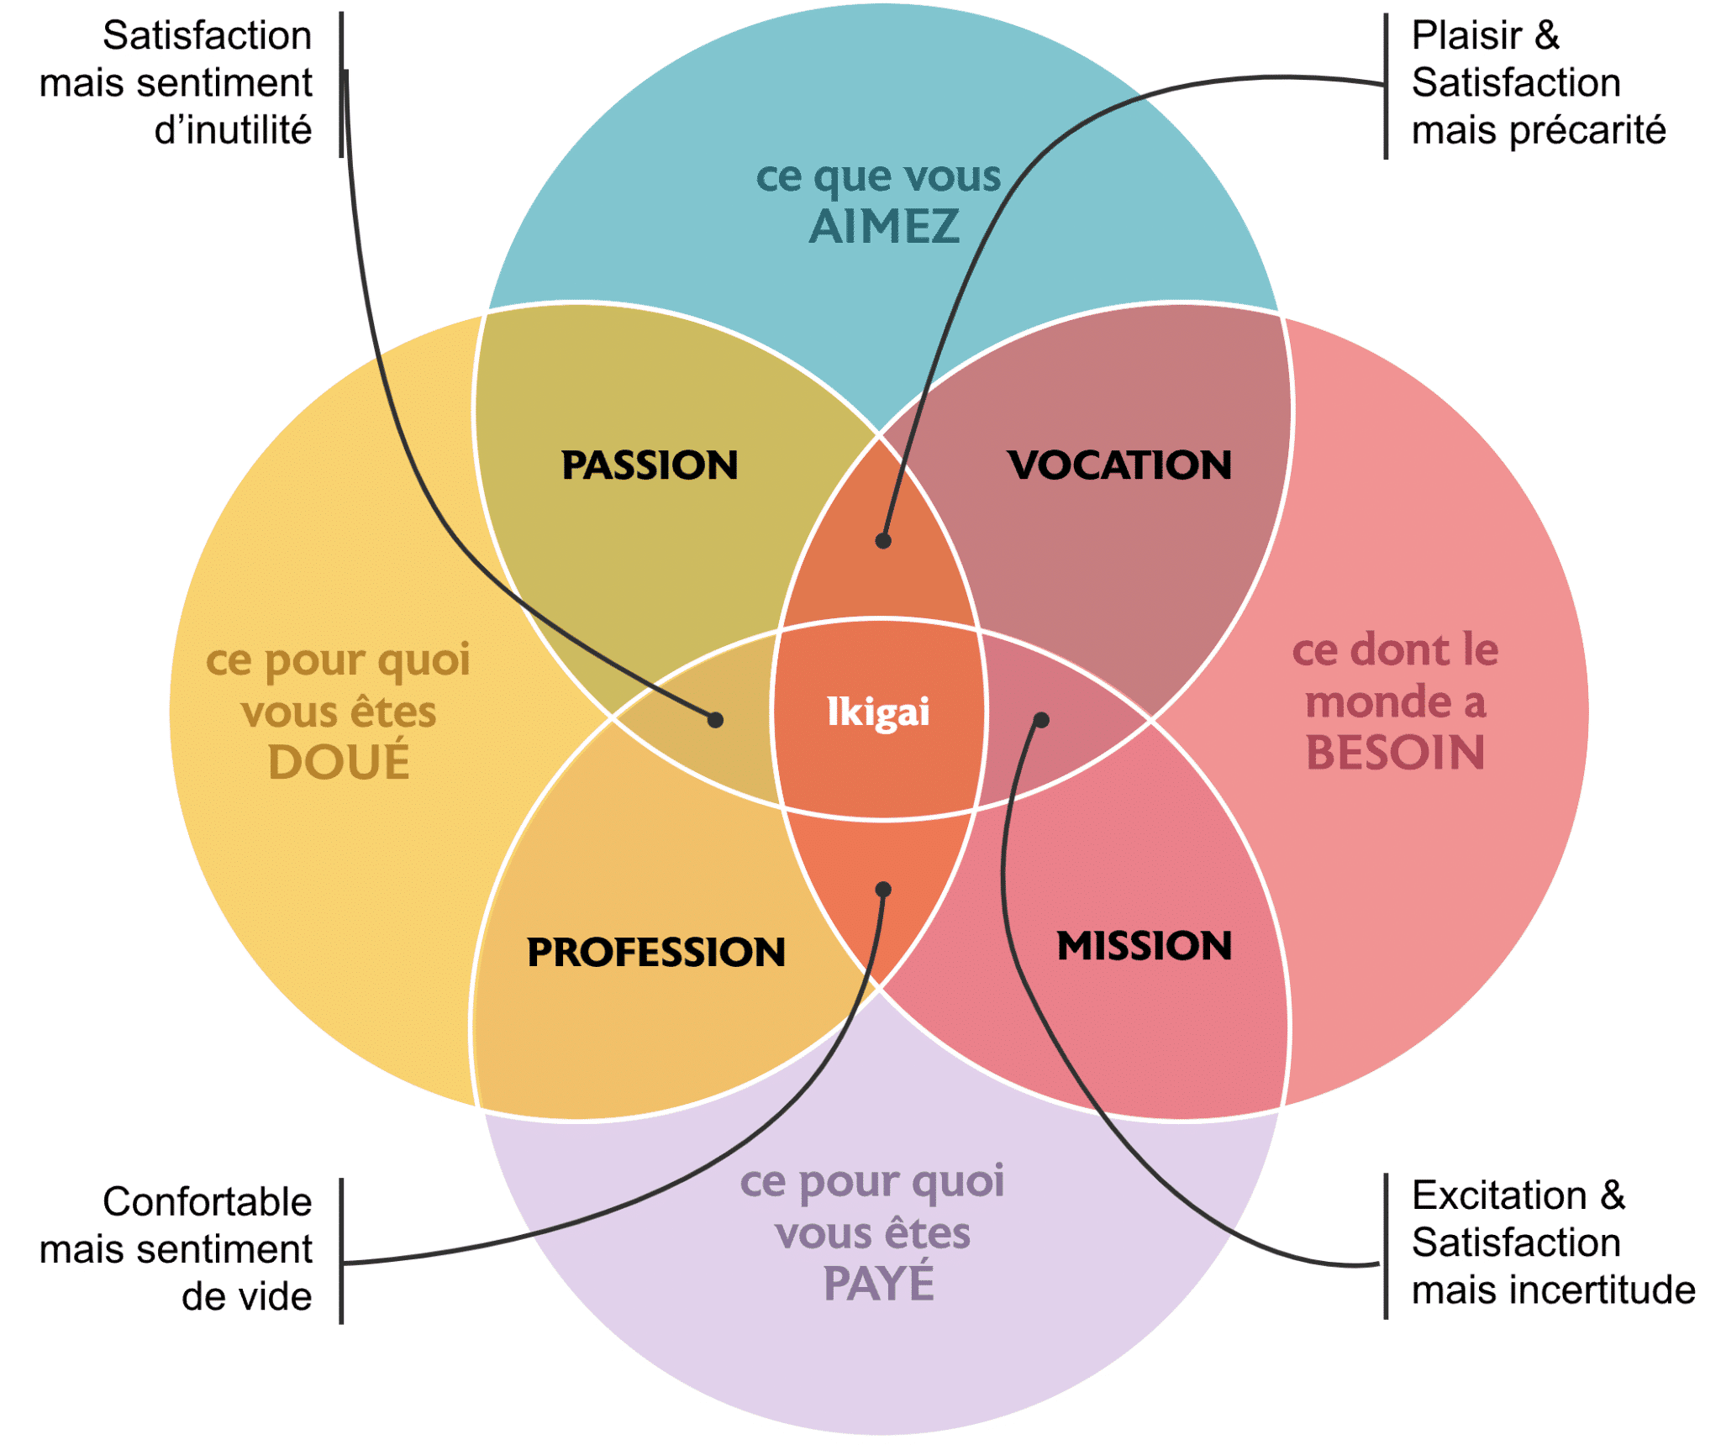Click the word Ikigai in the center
(x=878, y=712)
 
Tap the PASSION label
(x=650, y=465)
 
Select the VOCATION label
(x=1119, y=465)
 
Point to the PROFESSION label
(x=655, y=952)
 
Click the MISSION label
(x=1144, y=946)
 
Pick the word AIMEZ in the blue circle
(x=884, y=227)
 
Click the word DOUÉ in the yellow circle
(x=339, y=762)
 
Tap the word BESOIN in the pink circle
(x=1395, y=752)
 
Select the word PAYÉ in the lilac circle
(x=878, y=1284)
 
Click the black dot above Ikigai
(x=883, y=541)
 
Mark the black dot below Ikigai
(x=883, y=889)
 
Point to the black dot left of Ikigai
(x=715, y=720)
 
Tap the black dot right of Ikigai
(x=1041, y=720)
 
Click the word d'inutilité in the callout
(x=233, y=130)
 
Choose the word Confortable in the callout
(x=207, y=1201)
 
